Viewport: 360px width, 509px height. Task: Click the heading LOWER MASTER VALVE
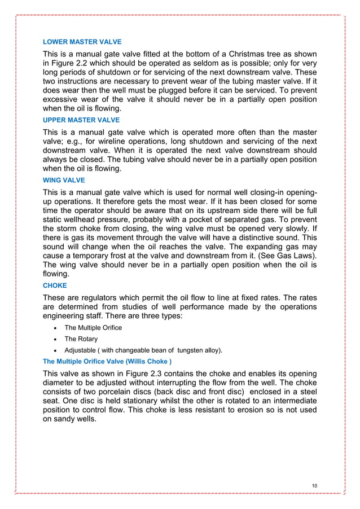coord(82,42)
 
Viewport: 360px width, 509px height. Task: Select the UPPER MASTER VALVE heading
coord(82,120)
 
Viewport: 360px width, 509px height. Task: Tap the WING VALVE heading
coord(64,180)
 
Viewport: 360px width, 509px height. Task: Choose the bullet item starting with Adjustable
coord(143,350)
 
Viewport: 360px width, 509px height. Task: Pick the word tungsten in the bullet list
coord(177,350)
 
